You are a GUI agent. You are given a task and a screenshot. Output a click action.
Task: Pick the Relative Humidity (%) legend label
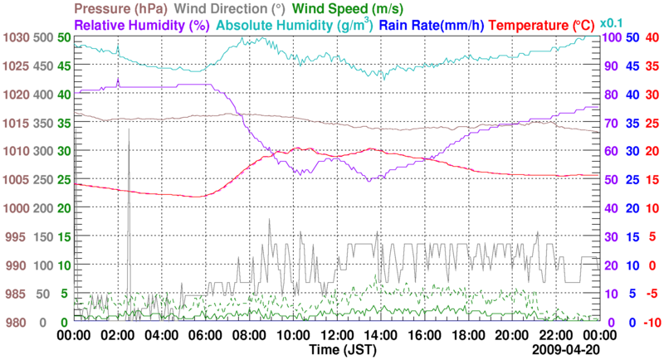[140, 25]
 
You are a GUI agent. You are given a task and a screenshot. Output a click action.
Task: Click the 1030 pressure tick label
[16, 38]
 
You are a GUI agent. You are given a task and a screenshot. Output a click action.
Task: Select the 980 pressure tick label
[18, 323]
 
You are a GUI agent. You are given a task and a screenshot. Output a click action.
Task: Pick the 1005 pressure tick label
[16, 180]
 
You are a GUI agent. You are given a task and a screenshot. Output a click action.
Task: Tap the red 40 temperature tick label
[652, 38]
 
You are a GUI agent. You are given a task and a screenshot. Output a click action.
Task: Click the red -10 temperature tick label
[651, 323]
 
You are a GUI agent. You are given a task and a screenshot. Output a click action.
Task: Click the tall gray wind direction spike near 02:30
[129, 133]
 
